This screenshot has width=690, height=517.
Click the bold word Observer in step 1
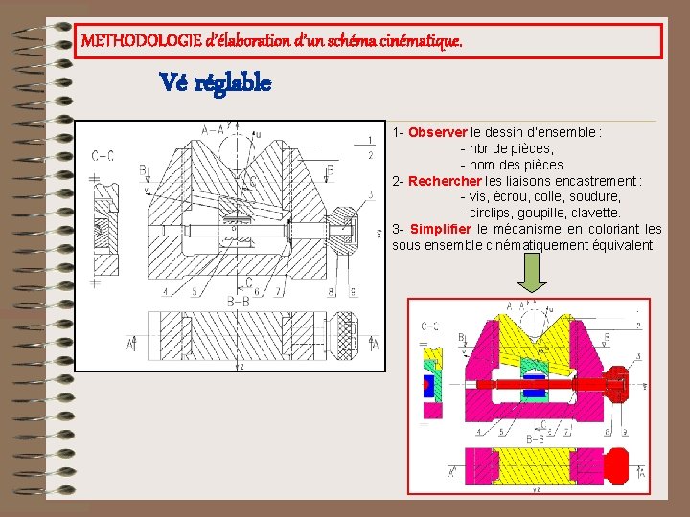pyautogui.click(x=437, y=132)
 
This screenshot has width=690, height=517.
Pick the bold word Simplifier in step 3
pyautogui.click(x=440, y=229)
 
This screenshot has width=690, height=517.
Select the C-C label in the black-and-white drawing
pyautogui.click(x=103, y=156)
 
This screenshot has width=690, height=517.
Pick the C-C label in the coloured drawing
pyautogui.click(x=430, y=326)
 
